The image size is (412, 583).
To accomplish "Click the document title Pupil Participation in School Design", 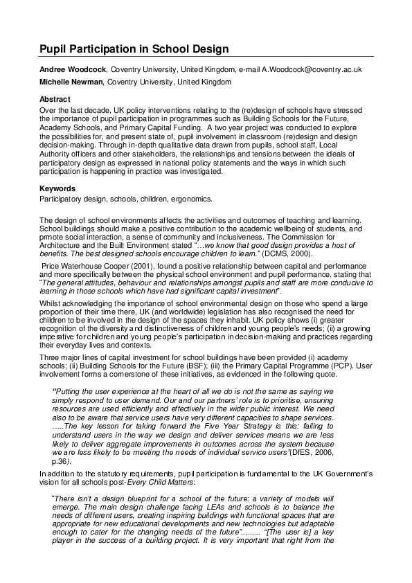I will click(x=134, y=50).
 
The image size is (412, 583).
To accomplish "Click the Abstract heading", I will click(x=55, y=99).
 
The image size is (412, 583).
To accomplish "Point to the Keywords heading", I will click(x=57, y=188).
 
